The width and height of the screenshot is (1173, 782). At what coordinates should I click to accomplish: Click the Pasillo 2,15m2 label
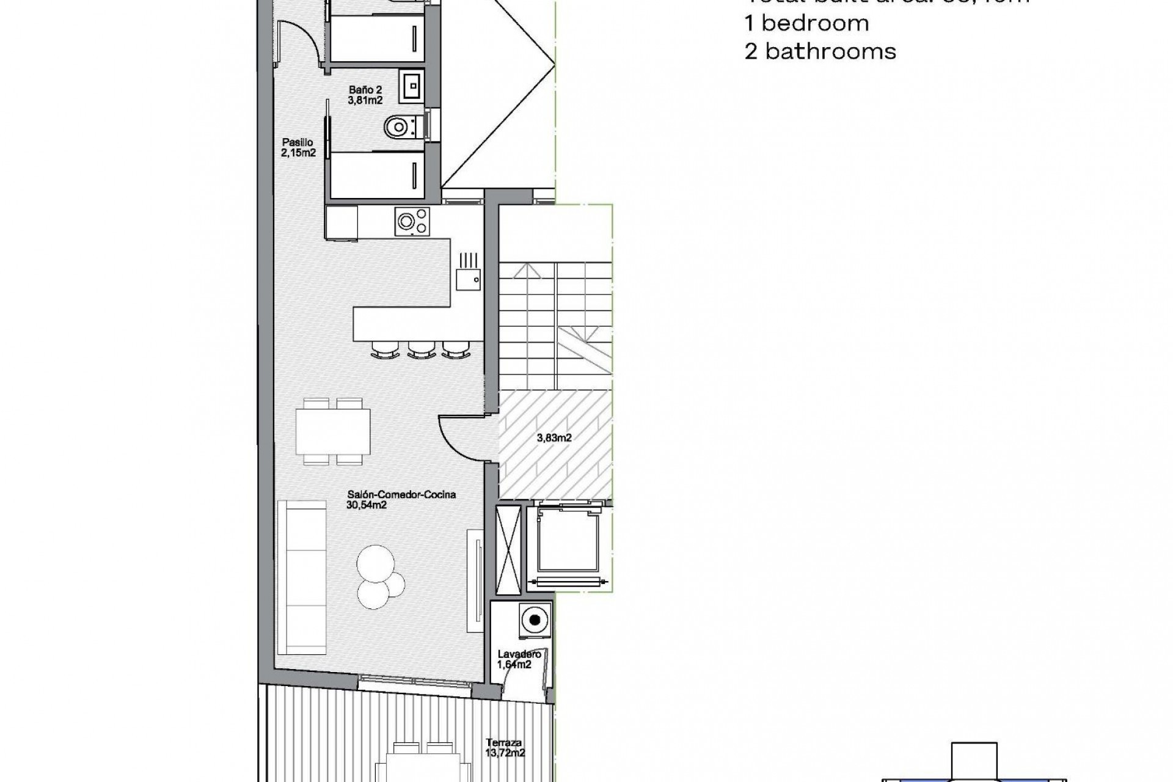pos(298,148)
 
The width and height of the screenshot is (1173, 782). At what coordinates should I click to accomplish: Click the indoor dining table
pos(333,431)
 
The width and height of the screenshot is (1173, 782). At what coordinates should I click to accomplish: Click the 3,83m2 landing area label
pos(554,437)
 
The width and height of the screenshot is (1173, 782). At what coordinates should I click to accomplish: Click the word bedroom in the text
pos(816,23)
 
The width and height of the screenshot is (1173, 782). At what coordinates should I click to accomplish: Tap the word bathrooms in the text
pos(830,51)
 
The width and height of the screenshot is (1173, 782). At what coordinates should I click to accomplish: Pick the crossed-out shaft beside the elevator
pos(508,541)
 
